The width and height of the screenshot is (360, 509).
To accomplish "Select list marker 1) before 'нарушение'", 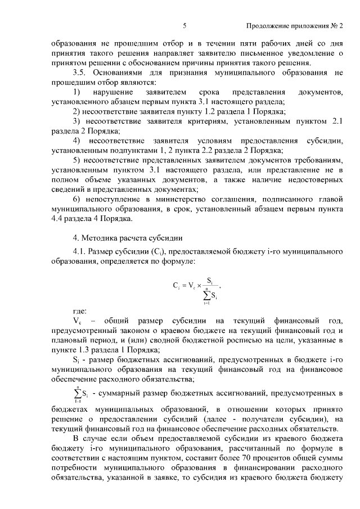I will [77, 92].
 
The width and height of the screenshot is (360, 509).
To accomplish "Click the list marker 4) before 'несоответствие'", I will [77, 140].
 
